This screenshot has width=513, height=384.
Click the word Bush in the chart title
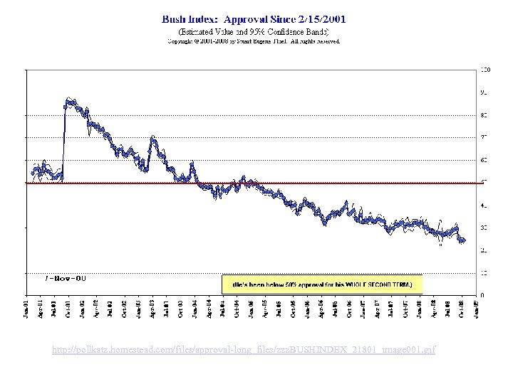tap(175, 19)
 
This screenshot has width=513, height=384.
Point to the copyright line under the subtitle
tap(254, 41)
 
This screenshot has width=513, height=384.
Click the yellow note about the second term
tap(321, 284)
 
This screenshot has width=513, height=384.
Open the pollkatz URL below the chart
tap(244, 349)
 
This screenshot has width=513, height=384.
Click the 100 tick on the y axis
tap(484, 70)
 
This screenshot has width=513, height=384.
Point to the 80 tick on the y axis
tap(484, 114)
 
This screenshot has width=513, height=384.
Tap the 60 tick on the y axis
tap(484, 160)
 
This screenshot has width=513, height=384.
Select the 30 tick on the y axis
tap(484, 228)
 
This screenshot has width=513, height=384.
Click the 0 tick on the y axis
tap(482, 295)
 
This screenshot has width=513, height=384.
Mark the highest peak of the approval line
tap(68, 100)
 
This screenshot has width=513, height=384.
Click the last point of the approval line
tap(464, 241)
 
